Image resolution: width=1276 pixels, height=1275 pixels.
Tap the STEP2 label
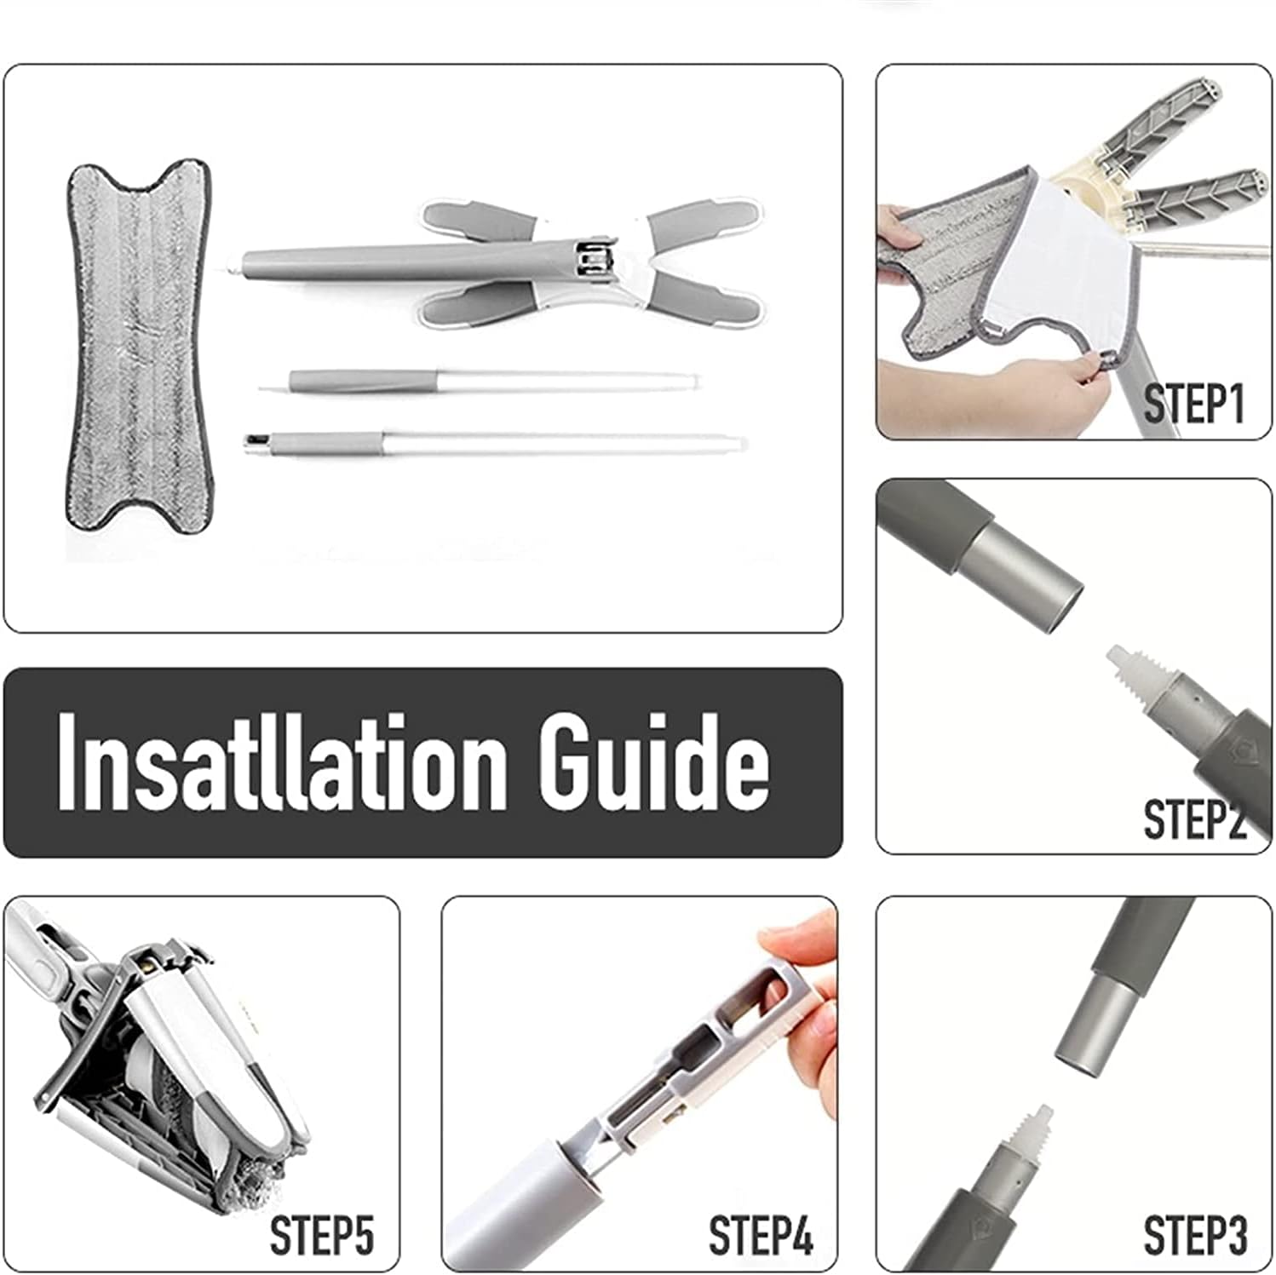[1194, 819]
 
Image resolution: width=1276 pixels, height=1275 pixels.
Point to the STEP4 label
[761, 1235]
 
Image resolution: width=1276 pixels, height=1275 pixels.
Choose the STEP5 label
[322, 1235]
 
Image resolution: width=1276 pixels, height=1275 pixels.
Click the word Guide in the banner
[654, 760]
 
